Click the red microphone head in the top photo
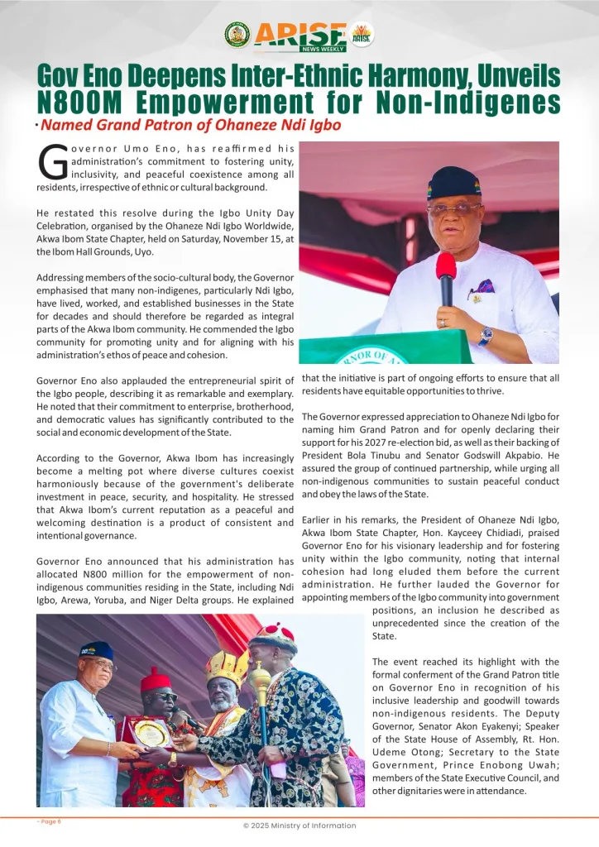click(x=446, y=266)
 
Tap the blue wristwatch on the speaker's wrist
click(x=486, y=335)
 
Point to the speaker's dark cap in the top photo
click(x=454, y=182)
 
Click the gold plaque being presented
click(x=152, y=731)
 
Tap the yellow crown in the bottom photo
click(x=227, y=668)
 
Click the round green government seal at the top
click(x=237, y=34)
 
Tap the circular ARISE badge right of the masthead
click(x=362, y=34)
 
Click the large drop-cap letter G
click(x=53, y=163)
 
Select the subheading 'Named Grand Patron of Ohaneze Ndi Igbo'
click(x=191, y=126)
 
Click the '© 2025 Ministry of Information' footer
click(x=299, y=825)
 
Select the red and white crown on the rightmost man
click(x=276, y=637)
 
